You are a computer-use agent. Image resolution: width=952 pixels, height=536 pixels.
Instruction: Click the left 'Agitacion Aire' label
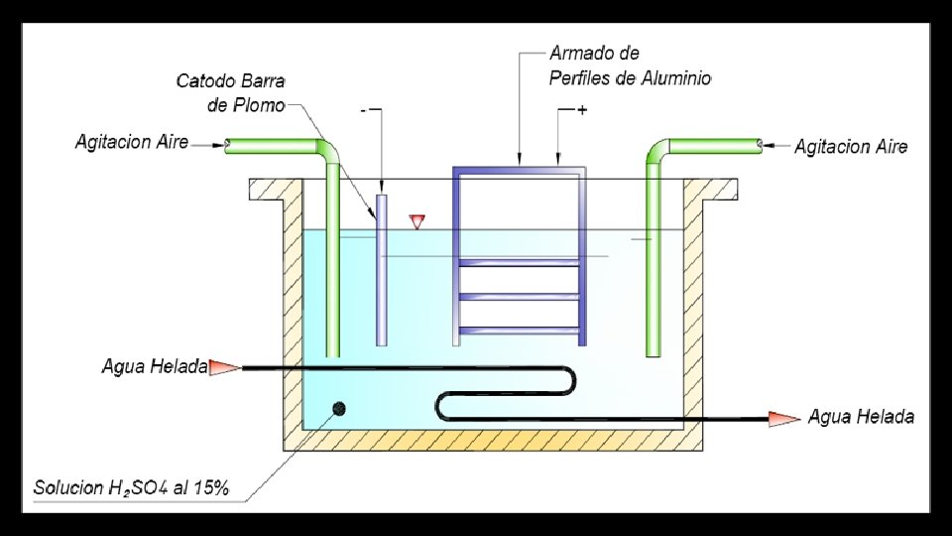tap(132, 143)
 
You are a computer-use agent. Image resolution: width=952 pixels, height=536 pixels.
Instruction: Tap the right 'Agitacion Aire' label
tap(851, 146)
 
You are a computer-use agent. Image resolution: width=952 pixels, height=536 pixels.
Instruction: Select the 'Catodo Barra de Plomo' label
tap(230, 90)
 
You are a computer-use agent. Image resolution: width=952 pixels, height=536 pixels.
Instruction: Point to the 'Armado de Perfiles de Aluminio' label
tap(630, 66)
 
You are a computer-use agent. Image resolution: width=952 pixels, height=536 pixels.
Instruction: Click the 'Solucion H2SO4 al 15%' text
tap(132, 487)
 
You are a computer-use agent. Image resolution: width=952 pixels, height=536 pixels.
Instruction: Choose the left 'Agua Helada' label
tap(154, 367)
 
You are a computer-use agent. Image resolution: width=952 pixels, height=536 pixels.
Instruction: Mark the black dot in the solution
tap(339, 408)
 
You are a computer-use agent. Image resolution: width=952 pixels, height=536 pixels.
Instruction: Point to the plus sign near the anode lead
tap(581, 111)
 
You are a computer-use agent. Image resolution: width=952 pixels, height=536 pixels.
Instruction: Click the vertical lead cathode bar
tap(381, 268)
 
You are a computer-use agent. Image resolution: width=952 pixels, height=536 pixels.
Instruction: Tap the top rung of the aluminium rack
tap(517, 262)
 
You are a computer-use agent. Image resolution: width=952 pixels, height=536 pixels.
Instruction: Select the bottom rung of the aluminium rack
tap(517, 330)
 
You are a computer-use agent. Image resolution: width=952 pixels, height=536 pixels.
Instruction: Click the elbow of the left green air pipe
tap(329, 152)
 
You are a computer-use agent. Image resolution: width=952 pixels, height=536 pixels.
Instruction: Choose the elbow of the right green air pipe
tap(657, 152)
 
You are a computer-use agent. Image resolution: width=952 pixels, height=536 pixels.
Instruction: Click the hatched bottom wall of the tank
tap(496, 439)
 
